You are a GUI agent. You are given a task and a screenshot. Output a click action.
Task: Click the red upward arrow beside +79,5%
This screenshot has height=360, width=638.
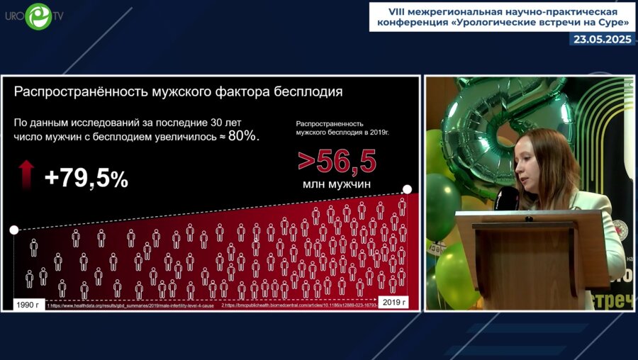click(x=26, y=174)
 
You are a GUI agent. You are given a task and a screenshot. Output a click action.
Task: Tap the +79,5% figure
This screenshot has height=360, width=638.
click(x=86, y=179)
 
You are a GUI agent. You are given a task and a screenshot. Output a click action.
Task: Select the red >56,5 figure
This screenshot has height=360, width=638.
click(x=337, y=161)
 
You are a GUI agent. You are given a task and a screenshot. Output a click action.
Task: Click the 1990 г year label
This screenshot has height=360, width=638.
click(x=31, y=304)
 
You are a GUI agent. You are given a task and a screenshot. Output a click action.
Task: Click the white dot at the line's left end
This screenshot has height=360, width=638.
click(x=13, y=230)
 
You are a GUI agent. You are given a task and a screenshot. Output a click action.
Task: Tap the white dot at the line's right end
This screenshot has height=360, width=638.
click(x=407, y=189)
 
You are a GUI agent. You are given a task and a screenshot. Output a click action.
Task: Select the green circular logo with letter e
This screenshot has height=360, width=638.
click(x=39, y=16)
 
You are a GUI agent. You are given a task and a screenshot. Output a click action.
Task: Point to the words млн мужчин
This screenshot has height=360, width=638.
click(x=337, y=184)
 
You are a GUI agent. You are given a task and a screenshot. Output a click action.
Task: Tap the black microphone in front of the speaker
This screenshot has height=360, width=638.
click(x=509, y=199)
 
